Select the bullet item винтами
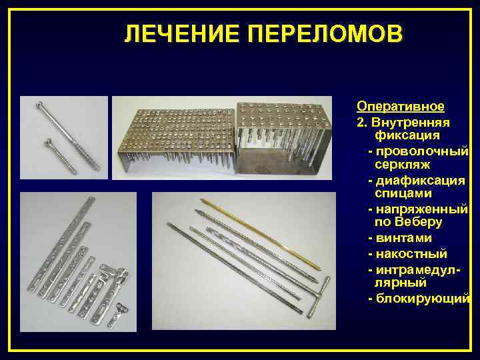(x=403, y=238)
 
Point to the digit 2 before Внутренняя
(x=360, y=123)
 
